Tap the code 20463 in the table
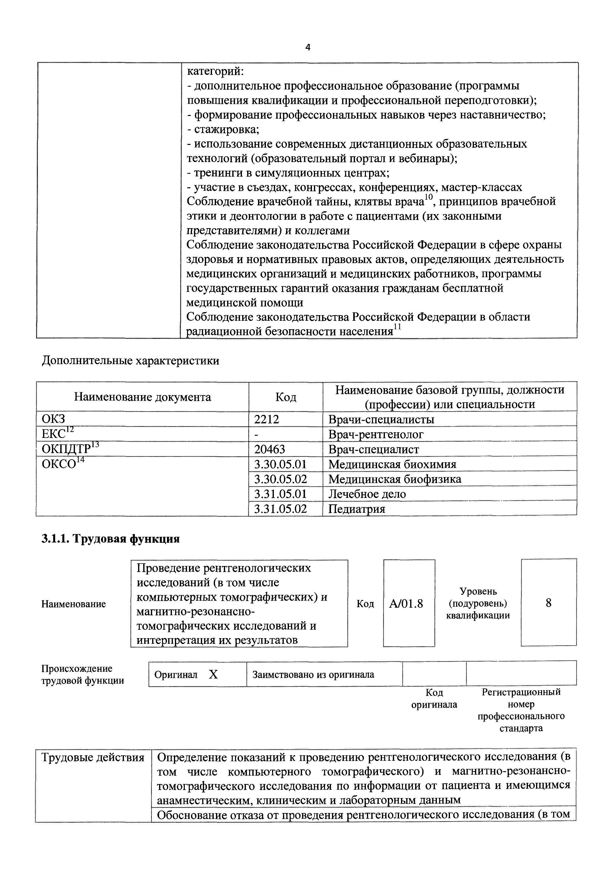pos(269,449)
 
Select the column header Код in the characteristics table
pos(285,397)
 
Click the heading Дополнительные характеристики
pos(130,361)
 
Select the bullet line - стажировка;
pos(223,130)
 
